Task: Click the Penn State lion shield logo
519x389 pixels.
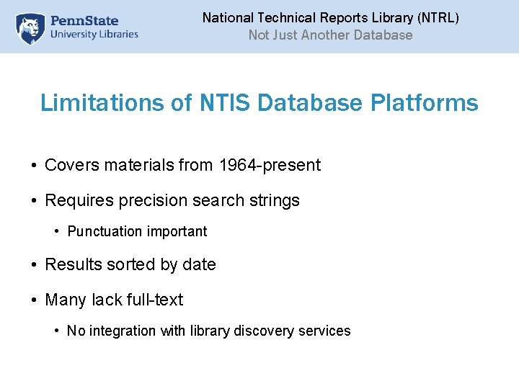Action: [30, 27]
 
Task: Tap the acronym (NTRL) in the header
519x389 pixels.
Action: [436, 17]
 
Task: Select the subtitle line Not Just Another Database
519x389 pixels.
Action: [330, 35]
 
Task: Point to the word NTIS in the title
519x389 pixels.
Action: [222, 103]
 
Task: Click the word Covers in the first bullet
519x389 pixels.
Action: [72, 165]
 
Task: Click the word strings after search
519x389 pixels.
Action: [275, 200]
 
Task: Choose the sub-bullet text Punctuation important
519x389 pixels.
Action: [137, 231]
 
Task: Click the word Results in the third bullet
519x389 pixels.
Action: [74, 264]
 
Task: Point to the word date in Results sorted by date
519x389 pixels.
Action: [200, 264]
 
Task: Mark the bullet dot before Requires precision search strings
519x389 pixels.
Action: [34, 201]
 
